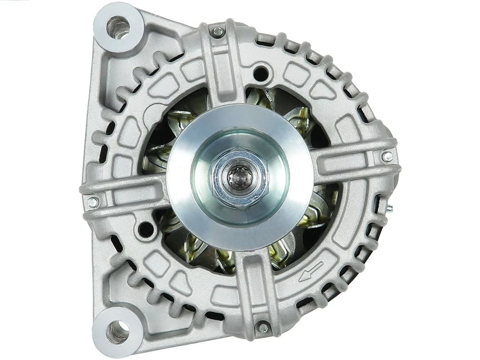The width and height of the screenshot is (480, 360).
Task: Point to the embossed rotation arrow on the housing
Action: point(311,271)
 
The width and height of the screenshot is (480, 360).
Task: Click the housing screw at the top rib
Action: point(218,31)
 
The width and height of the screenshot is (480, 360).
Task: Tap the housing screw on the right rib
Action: point(388,156)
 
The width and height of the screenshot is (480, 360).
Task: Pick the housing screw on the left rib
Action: point(92,202)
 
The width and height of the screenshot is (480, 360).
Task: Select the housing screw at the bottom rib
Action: point(263,328)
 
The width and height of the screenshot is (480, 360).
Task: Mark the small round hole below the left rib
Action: point(145,229)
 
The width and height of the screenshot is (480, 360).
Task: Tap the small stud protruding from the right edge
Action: point(390,208)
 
